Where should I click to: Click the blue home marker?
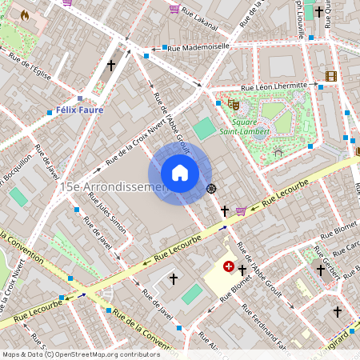tap(180, 173)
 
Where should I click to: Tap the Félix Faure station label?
tap(79, 110)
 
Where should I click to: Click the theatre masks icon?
tap(234, 103)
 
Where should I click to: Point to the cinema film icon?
tap(331, 76)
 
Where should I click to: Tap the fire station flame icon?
tap(24, 15)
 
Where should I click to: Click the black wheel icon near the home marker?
tap(212, 189)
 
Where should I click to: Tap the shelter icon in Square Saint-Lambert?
tap(278, 150)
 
